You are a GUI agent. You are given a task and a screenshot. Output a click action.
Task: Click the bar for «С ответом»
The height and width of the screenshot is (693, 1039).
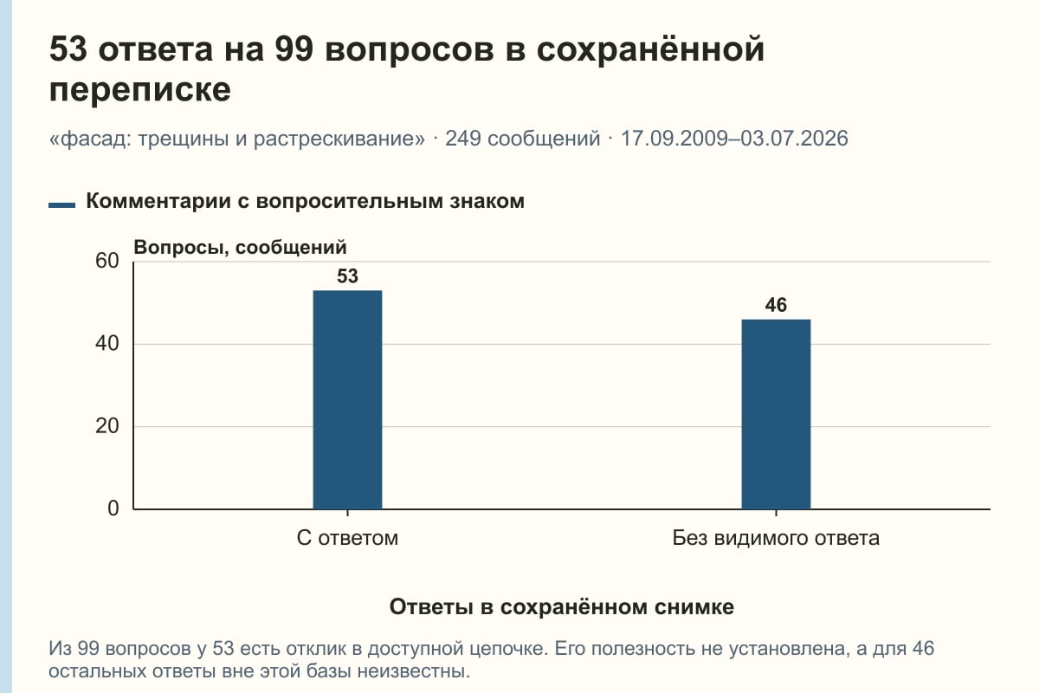347,399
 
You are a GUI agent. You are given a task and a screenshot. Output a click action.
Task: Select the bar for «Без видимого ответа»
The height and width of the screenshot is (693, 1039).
776,414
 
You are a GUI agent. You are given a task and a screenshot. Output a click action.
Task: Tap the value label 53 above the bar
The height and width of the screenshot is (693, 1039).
347,276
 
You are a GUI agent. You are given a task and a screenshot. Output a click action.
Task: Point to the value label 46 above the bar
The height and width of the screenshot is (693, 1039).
776,305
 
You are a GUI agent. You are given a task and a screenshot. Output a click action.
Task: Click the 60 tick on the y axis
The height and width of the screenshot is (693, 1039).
107,261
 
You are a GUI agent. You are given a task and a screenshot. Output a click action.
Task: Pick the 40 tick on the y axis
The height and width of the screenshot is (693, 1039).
107,344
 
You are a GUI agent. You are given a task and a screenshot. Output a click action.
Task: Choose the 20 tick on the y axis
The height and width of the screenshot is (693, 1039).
107,426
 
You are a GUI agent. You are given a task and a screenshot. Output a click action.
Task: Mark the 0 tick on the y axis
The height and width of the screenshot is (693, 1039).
113,508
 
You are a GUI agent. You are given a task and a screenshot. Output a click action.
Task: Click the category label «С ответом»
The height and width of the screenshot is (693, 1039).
347,538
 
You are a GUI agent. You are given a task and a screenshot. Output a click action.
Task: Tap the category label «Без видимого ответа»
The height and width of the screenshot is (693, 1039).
776,538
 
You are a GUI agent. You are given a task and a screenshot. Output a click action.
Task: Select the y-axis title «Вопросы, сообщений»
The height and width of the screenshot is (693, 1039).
241,248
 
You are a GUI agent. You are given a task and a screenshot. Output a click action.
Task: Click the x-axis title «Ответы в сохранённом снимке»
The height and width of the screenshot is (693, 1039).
562,606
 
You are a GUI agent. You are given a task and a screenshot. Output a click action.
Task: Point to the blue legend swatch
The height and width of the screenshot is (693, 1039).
61,204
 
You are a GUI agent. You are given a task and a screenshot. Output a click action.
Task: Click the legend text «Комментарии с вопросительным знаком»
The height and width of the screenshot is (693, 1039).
305,201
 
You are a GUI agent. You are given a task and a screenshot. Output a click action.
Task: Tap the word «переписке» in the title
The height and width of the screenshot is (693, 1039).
140,89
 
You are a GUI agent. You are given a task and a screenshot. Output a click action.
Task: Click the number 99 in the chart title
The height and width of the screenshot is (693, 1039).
294,49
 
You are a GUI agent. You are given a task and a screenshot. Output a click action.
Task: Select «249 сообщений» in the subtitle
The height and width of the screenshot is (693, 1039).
523,139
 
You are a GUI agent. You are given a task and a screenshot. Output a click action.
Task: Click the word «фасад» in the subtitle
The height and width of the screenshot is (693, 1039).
96,139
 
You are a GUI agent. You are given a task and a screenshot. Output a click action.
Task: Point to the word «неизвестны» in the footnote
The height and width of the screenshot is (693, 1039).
412,671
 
